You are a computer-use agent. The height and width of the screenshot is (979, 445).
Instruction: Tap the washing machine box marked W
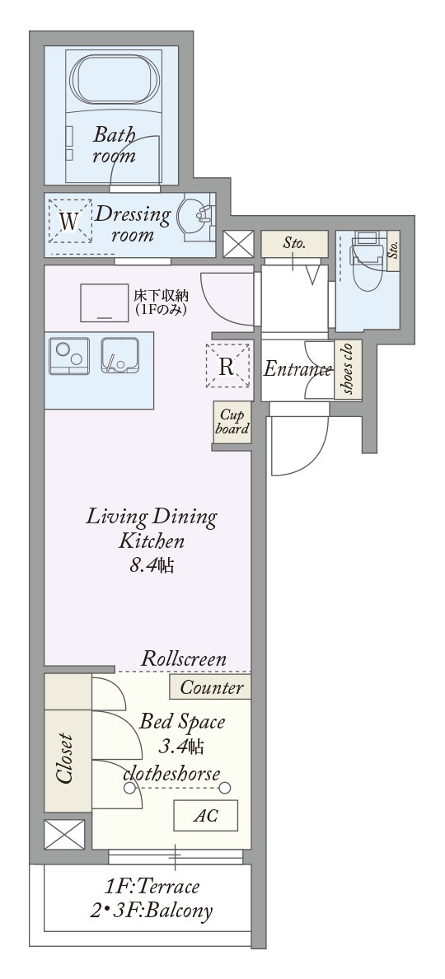pos(70,220)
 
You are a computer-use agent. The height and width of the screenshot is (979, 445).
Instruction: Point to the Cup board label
pos(232,423)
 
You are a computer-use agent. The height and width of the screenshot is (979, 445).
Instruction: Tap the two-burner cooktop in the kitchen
pos(69,356)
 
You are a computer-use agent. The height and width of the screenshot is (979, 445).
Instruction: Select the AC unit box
pos(205,815)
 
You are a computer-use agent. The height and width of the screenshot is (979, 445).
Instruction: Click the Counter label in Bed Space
pos(211,687)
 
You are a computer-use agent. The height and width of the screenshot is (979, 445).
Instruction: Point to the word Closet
pos(65,759)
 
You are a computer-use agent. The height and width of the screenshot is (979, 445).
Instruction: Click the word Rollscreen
pos(184,658)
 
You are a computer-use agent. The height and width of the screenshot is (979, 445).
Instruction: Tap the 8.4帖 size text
pos(151,565)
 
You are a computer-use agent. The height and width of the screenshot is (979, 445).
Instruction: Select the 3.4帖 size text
pos(181,746)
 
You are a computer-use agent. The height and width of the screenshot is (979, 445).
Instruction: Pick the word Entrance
pos(297,370)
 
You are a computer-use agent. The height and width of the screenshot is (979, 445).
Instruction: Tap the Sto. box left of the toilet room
pos(294,243)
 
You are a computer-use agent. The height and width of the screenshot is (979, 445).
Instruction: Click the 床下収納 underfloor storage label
pos(161,300)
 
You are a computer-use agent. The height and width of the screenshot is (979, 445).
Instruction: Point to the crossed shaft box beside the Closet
pos(64,834)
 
